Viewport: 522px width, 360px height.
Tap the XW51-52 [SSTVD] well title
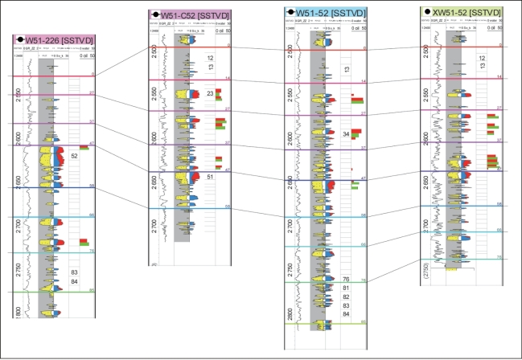pyautogui.click(x=466, y=13)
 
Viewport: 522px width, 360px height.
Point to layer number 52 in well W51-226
pyautogui.click(x=74, y=156)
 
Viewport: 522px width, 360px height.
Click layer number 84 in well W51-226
pyautogui.click(x=74, y=281)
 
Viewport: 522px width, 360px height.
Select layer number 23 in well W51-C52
pyautogui.click(x=210, y=95)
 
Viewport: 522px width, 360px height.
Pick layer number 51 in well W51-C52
pyautogui.click(x=210, y=177)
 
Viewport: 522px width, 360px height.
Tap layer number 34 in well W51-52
pyautogui.click(x=346, y=133)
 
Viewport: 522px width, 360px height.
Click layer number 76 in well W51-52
pyautogui.click(x=346, y=279)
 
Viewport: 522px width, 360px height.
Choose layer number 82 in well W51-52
pyautogui.click(x=346, y=297)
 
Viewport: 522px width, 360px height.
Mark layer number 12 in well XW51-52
pyautogui.click(x=481, y=59)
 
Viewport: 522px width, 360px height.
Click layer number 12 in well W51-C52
pyautogui.click(x=210, y=59)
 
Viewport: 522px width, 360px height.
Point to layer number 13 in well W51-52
pyautogui.click(x=346, y=71)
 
